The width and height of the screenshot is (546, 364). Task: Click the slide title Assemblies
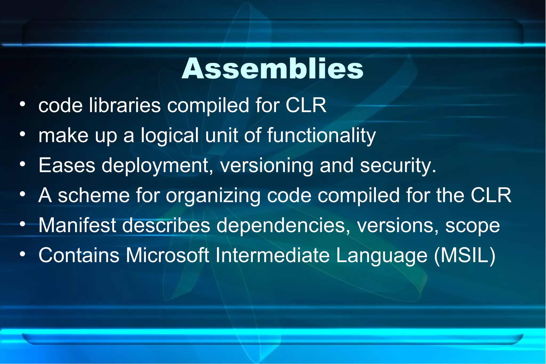(272, 69)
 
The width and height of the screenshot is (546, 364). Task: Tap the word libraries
(125, 105)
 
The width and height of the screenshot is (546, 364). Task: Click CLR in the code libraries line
(306, 105)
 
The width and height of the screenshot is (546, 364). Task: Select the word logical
(170, 136)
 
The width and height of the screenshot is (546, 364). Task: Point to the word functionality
(321, 136)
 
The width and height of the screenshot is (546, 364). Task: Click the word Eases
(67, 165)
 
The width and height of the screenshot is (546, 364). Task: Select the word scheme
(94, 195)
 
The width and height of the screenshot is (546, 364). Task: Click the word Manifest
(77, 225)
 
